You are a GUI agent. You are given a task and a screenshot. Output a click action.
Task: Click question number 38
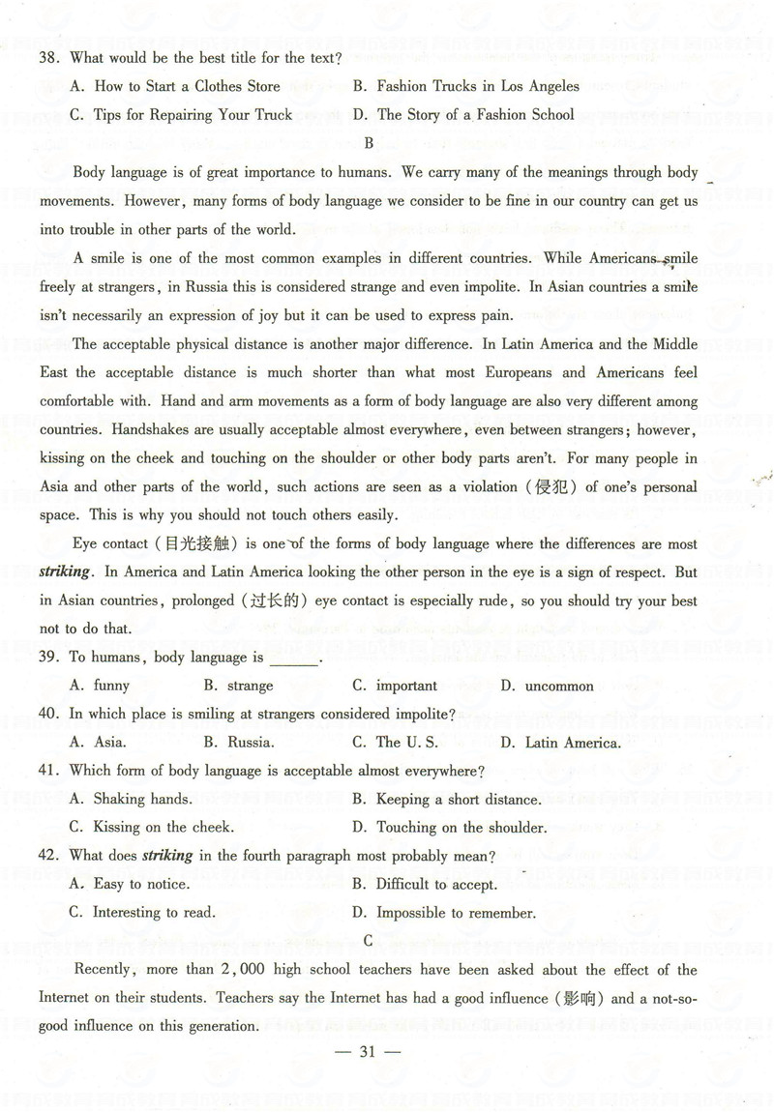pyautogui.click(x=48, y=58)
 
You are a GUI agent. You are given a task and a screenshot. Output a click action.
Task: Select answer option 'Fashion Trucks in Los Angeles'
pyautogui.click(x=478, y=86)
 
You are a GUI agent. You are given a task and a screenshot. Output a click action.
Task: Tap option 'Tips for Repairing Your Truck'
pyautogui.click(x=193, y=114)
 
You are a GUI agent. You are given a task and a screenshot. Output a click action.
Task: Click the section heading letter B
pyautogui.click(x=368, y=143)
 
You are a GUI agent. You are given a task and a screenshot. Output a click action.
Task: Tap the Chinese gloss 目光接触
pyautogui.click(x=219, y=543)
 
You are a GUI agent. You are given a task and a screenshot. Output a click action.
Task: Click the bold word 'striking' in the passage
pyautogui.click(x=65, y=571)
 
